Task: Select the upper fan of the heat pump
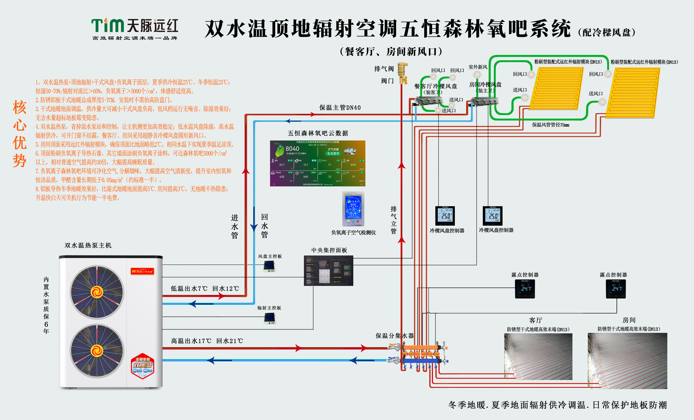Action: [x=97, y=292]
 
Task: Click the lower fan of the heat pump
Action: [x=97, y=351]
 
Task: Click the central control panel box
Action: [x=328, y=271]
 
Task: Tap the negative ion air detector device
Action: [x=353, y=209]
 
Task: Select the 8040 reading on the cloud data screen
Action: [x=292, y=149]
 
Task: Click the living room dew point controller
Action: [x=525, y=289]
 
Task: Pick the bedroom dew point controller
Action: [x=616, y=289]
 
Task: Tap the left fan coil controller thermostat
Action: [x=445, y=216]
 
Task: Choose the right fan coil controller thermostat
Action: [x=492, y=216]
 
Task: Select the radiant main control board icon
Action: [x=270, y=318]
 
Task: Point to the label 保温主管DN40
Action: [x=340, y=108]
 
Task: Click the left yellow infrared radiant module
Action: [x=557, y=88]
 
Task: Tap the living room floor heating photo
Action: [x=538, y=356]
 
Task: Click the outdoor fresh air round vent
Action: [x=477, y=74]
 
